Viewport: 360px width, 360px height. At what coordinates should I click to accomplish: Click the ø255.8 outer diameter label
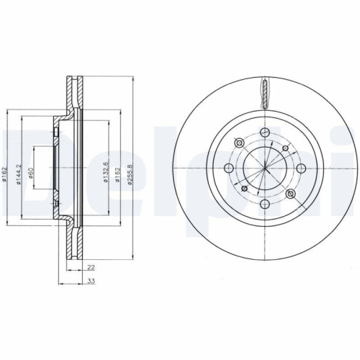[130, 173]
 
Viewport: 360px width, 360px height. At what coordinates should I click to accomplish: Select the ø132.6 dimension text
[106, 173]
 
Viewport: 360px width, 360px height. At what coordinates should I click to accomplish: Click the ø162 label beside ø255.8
[117, 173]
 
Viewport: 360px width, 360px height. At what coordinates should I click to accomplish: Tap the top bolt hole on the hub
[265, 132]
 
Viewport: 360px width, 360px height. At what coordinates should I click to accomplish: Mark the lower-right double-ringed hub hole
[291, 196]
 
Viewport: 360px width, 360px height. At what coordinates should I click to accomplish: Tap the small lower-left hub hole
[243, 189]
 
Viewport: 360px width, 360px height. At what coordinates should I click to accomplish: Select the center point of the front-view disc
[265, 170]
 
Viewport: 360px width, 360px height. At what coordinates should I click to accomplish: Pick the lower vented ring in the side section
[72, 241]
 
